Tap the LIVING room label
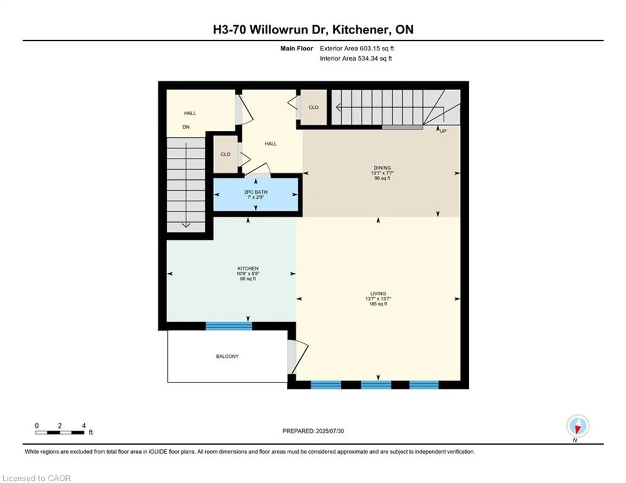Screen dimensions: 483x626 pos(378,293)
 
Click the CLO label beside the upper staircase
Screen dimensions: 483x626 pos(313,107)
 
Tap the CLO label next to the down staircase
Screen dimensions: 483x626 pos(225,154)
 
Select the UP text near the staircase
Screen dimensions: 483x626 pos(443,131)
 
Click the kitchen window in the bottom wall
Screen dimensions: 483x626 pos(229,326)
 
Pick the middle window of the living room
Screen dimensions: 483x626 pos(376,385)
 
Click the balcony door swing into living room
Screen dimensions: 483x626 pos(298,357)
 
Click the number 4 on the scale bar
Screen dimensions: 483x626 pos(84,425)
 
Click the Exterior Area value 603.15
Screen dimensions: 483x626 pos(369,48)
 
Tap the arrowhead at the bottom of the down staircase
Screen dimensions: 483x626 pos(186,226)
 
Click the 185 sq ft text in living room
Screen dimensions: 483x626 pos(378,304)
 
